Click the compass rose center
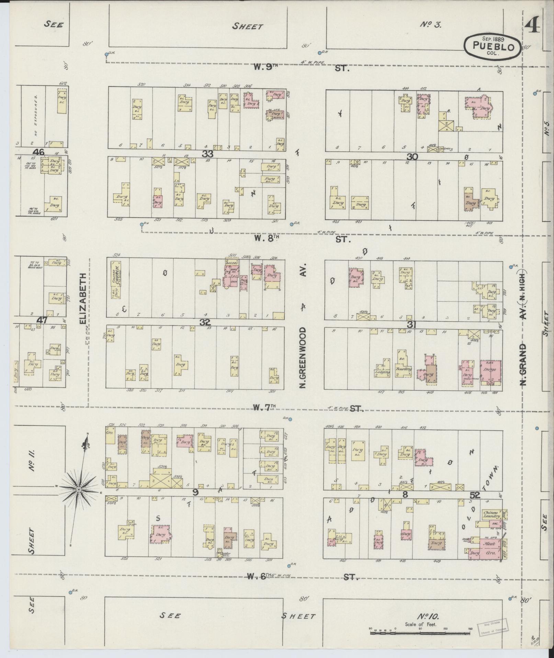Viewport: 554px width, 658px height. coord(78,489)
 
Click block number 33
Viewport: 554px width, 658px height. coord(207,154)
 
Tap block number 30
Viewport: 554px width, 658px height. coord(412,157)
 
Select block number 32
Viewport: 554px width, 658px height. coord(205,322)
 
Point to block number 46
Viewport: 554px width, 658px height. coord(38,152)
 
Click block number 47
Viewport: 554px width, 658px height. coord(42,320)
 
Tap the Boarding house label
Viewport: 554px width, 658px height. coord(403,369)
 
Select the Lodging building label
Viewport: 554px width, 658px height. coord(382,372)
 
